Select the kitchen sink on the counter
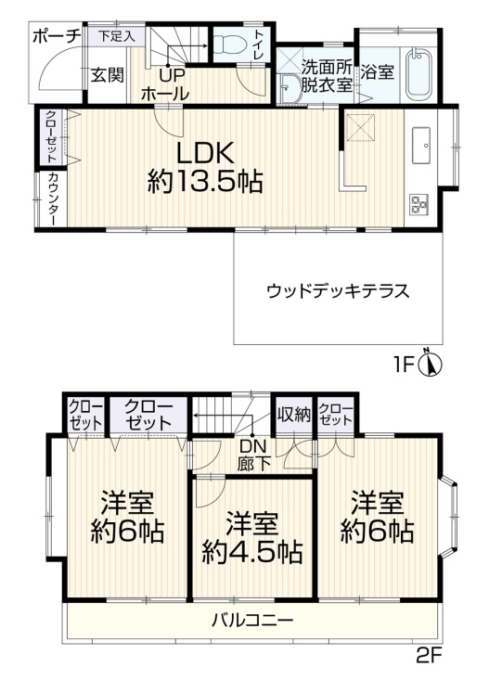pyautogui.click(x=420, y=146)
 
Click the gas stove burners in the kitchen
pyautogui.click(x=418, y=204)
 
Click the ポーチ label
pyautogui.click(x=57, y=37)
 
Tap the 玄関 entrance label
pyautogui.click(x=108, y=75)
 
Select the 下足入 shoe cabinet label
pyautogui.click(x=116, y=36)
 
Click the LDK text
pyautogui.click(x=205, y=153)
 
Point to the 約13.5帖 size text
pyautogui.click(x=205, y=182)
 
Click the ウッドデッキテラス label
pyautogui.click(x=338, y=291)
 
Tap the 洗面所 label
pyautogui.click(x=328, y=67)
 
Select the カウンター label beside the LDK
pyautogui.click(x=52, y=199)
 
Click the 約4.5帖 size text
pyautogui.click(x=252, y=552)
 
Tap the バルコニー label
pyautogui.click(x=252, y=621)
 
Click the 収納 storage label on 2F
pyautogui.click(x=294, y=415)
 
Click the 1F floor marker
pyautogui.click(x=405, y=365)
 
